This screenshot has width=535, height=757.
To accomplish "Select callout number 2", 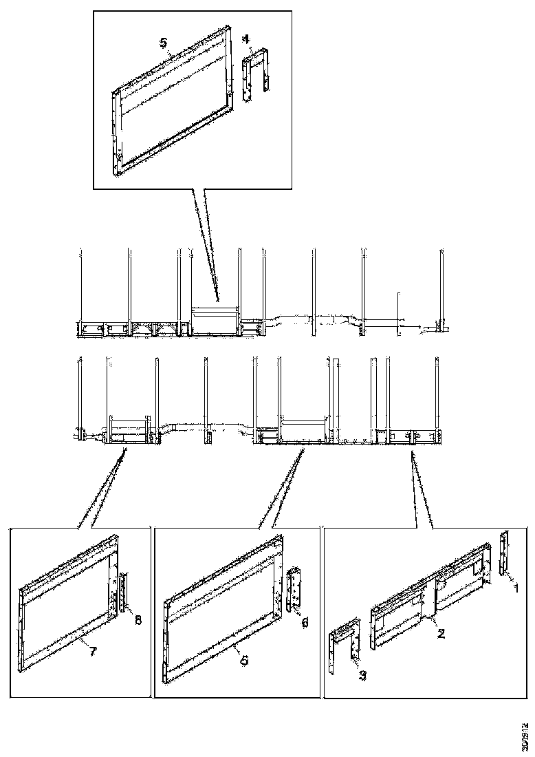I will pos(441,634).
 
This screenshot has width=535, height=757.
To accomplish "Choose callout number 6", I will pos(305,621).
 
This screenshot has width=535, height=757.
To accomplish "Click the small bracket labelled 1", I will pos(504,553).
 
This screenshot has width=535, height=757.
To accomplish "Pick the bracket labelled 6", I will pos(294,590).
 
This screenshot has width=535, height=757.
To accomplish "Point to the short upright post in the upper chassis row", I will pos(397,313).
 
